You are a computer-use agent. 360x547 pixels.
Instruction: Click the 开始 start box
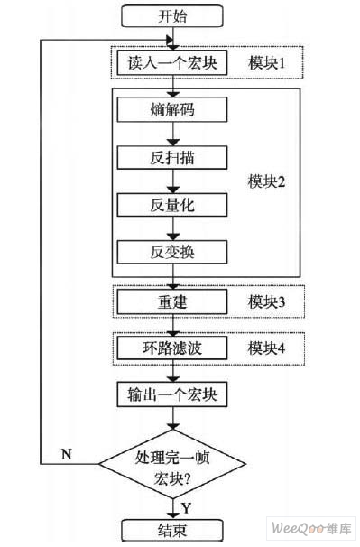pos(171,16)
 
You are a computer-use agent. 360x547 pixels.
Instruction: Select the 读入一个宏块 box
pos(171,63)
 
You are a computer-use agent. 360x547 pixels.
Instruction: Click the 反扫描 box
pos(171,157)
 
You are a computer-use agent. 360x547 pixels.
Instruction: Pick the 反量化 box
pos(171,204)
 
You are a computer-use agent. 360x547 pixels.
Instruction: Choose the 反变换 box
pos(171,251)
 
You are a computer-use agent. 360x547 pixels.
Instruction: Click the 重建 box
pos(171,301)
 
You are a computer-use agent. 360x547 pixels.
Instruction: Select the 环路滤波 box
pos(171,348)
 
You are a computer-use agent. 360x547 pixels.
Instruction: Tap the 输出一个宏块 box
pos(171,395)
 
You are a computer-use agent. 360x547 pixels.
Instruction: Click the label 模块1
pos(266,63)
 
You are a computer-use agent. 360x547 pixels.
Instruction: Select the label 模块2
pos(266,181)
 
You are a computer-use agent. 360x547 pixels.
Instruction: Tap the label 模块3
pos(266,301)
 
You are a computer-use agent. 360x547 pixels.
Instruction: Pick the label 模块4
pos(266,348)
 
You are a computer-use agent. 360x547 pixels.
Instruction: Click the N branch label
pos(66,453)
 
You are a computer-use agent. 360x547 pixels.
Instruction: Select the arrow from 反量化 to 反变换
pos(171,227)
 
